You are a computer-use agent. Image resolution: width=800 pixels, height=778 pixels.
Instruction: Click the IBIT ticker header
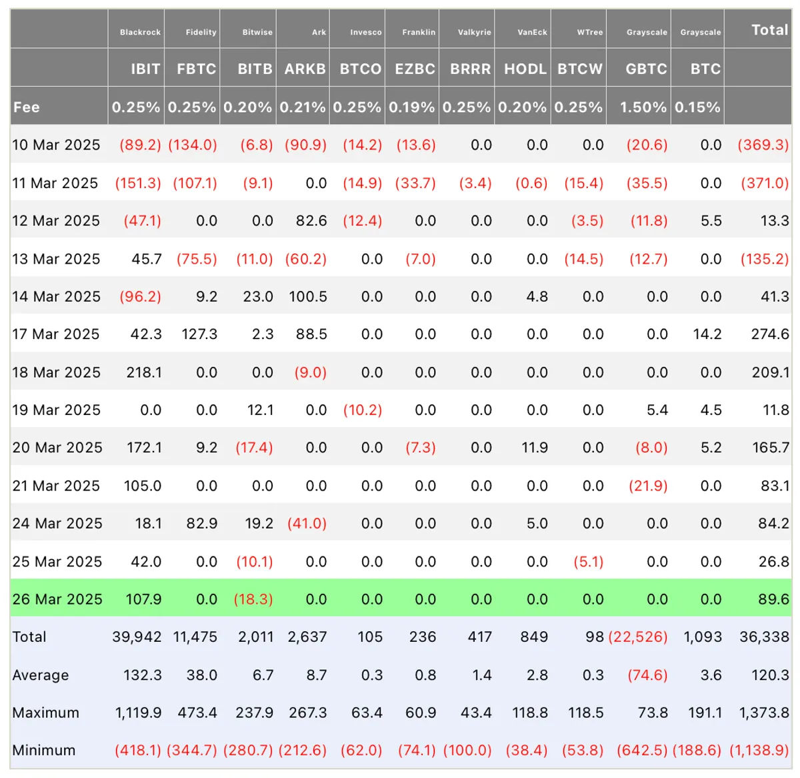tap(145, 69)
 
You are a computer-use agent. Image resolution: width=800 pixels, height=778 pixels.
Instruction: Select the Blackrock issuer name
tap(140, 32)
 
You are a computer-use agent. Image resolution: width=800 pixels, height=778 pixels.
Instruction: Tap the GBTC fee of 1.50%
tap(643, 107)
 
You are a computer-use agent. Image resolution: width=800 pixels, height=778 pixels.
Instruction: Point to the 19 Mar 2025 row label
tap(56, 410)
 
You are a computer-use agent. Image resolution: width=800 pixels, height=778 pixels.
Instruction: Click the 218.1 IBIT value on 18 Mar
tap(144, 372)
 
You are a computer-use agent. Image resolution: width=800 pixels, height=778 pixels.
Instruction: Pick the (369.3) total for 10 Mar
tap(763, 145)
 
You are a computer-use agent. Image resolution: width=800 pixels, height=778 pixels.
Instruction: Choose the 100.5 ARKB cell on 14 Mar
tap(308, 297)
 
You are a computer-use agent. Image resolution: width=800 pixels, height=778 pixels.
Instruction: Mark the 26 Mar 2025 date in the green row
tap(57, 599)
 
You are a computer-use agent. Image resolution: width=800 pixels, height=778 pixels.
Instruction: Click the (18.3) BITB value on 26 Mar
tap(253, 599)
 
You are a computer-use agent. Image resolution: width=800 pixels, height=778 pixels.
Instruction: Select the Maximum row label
tap(45, 713)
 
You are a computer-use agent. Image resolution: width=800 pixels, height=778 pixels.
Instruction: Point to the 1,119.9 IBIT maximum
tap(138, 713)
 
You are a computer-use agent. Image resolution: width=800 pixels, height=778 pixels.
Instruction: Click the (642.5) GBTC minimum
tap(642, 750)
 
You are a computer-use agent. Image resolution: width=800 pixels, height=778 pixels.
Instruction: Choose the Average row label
tap(40, 675)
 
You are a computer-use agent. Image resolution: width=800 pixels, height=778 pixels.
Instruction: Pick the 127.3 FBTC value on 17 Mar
tap(199, 334)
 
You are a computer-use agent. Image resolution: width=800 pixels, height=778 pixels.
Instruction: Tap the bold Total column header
tap(770, 30)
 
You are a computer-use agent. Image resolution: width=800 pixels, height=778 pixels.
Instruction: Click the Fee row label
tap(26, 107)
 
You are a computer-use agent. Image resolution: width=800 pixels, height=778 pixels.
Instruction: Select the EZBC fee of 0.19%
tap(411, 107)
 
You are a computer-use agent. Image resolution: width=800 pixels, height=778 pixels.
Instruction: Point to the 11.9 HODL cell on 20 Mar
tap(535, 447)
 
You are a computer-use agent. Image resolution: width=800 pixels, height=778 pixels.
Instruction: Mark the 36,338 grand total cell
tap(764, 637)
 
